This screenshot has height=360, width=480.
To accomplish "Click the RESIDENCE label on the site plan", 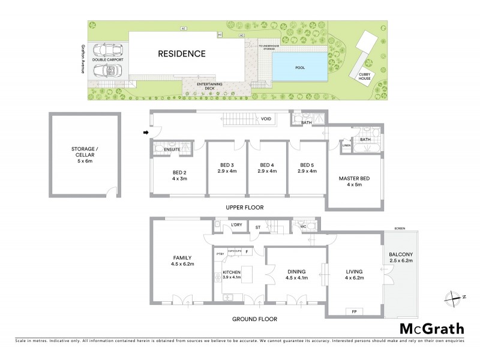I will click(181, 54).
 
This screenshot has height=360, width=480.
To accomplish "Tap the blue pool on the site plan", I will click(300, 67).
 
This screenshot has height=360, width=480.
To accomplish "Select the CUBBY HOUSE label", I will click(364, 77).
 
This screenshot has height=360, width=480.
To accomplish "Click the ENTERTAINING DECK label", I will click(210, 86).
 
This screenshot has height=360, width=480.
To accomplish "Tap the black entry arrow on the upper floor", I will click(145, 133).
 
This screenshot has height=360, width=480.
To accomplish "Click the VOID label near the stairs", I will click(266, 119).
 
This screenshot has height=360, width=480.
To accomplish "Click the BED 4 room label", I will click(266, 169).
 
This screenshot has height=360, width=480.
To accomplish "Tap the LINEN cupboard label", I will click(346, 145).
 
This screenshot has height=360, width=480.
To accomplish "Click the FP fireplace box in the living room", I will click(353, 311).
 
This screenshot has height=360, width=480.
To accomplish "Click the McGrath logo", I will click(431, 328).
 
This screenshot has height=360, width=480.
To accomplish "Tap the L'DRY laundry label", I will click(236, 226).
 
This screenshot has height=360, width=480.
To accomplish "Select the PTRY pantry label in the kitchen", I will click(220, 254).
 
